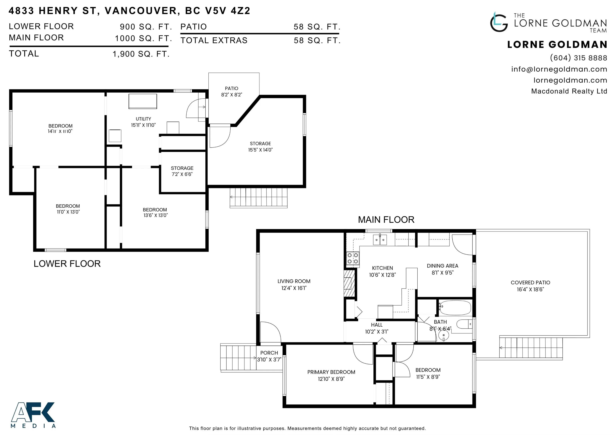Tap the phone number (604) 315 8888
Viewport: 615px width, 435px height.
coord(579,58)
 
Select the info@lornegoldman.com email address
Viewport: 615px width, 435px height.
coord(559,69)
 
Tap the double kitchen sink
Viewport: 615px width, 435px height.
coord(380,239)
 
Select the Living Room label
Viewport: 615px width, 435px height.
coord(294,281)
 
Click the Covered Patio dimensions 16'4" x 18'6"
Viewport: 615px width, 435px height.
coord(530,290)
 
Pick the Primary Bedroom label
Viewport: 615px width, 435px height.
coord(331,372)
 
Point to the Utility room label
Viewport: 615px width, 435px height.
coord(143,119)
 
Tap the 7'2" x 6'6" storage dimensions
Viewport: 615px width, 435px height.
coord(182,174)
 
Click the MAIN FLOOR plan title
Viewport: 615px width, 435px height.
coord(386,220)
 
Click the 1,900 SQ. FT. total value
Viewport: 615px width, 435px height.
coord(141,54)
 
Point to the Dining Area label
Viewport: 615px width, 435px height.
coord(442,266)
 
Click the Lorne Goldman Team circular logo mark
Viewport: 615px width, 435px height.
coord(499,22)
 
